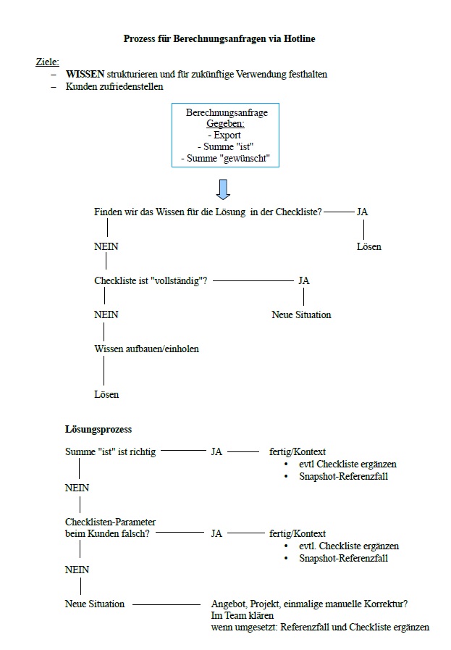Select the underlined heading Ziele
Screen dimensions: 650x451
click(x=47, y=62)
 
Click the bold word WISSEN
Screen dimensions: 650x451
click(x=85, y=75)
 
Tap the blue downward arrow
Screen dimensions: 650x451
click(x=223, y=188)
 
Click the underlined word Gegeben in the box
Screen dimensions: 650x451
click(x=224, y=124)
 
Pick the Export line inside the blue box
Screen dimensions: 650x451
click(x=224, y=136)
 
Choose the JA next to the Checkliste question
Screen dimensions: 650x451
click(x=362, y=212)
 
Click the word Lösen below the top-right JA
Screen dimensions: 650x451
click(x=368, y=246)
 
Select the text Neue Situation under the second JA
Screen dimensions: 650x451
click(x=301, y=314)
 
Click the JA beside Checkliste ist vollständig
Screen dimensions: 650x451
click(x=303, y=280)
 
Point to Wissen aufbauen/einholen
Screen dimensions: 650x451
click(x=146, y=349)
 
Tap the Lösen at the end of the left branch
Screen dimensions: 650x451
click(x=106, y=394)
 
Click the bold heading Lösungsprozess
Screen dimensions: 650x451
click(x=98, y=430)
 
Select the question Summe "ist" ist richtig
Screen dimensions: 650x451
click(x=110, y=451)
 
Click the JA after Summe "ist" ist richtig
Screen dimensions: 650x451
click(x=216, y=451)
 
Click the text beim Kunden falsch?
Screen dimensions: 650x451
click(x=107, y=533)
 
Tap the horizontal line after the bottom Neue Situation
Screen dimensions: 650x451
click(x=166, y=604)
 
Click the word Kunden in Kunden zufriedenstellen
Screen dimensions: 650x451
click(x=80, y=86)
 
